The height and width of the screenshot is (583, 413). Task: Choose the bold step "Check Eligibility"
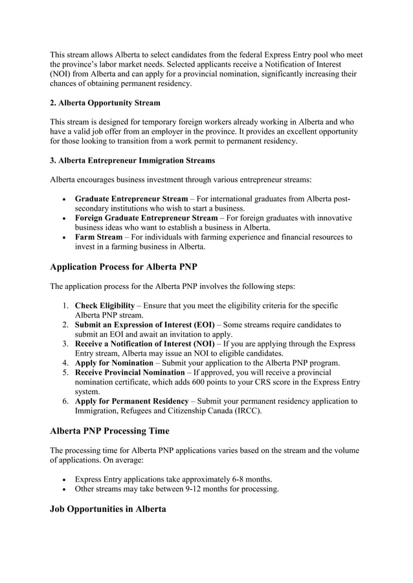(105, 305)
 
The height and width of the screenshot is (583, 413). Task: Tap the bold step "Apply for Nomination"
(114, 363)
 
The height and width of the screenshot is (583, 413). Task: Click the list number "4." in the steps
(66, 363)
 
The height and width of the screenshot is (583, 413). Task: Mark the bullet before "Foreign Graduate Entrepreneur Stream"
(63, 218)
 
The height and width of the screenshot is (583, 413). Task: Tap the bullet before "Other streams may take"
(63, 489)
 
